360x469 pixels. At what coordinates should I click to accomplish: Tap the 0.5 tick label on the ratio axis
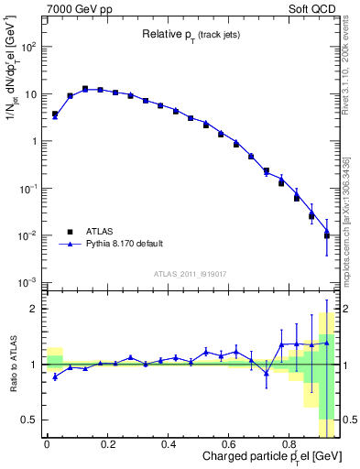pyautogui.click(x=29, y=420)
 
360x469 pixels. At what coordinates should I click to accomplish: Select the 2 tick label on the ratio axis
pyautogui.click(x=35, y=309)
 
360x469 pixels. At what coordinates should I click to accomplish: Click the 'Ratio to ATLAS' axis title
pyautogui.click(x=12, y=364)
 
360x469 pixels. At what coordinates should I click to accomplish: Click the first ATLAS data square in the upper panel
pyautogui.click(x=55, y=115)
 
